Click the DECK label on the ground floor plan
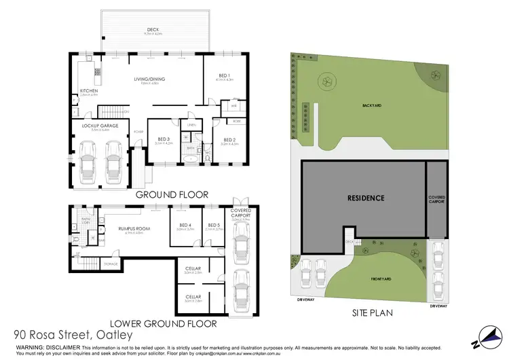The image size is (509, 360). [154, 29]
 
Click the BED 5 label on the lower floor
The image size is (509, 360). [214, 225]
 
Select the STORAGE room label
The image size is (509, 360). [111, 264]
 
